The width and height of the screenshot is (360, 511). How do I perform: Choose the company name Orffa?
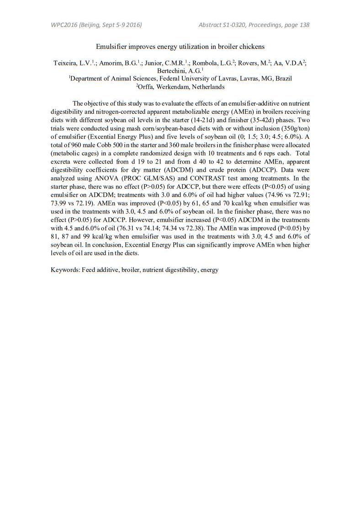pos(147,86)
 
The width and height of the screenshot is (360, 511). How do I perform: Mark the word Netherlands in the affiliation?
pos(208,86)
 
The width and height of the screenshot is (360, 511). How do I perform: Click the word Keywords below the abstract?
pos(65,270)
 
